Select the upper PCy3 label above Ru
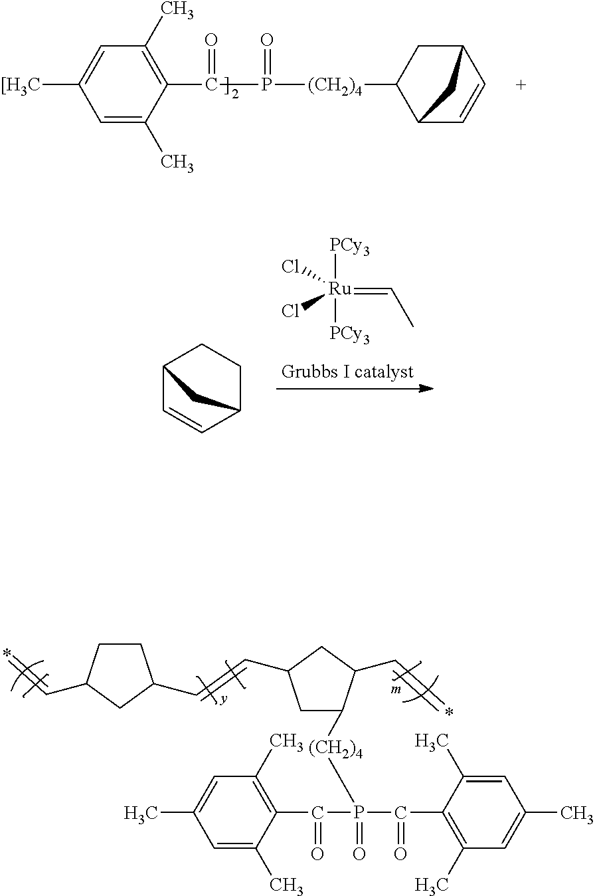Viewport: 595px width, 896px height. tap(349, 249)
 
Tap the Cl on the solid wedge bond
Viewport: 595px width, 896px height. tap(291, 311)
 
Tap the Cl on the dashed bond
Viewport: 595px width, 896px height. tap(291, 267)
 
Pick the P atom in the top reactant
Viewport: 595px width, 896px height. tap(267, 85)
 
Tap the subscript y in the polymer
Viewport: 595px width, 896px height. tap(223, 700)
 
